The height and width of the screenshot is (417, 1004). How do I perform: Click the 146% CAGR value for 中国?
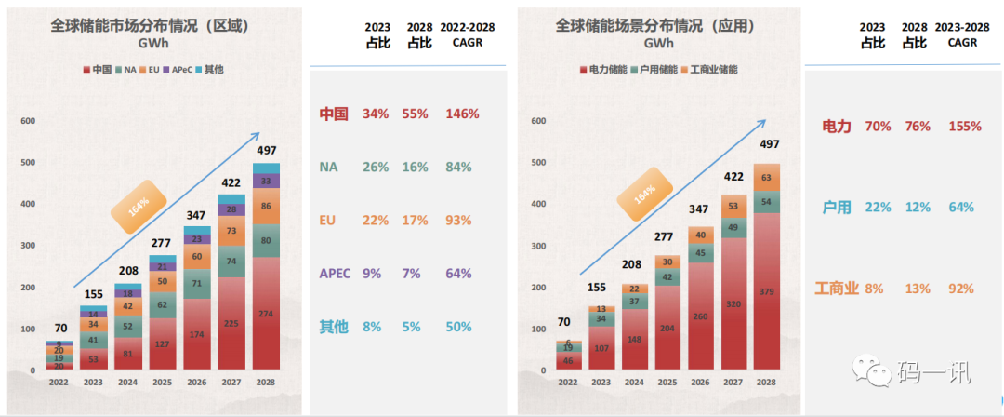pos(461,114)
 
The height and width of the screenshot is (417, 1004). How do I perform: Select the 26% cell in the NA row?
pos(376,168)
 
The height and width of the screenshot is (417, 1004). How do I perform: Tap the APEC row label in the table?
pos(334,274)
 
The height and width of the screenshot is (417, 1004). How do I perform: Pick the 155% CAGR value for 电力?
pos(965,126)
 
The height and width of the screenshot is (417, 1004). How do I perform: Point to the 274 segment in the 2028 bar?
pos(266,315)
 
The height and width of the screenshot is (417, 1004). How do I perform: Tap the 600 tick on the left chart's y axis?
pos(28,120)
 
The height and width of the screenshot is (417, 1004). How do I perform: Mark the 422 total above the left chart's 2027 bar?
pos(231,184)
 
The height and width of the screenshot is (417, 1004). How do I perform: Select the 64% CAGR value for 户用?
pos(962,207)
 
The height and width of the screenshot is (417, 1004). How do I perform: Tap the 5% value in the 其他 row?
pos(416,327)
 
